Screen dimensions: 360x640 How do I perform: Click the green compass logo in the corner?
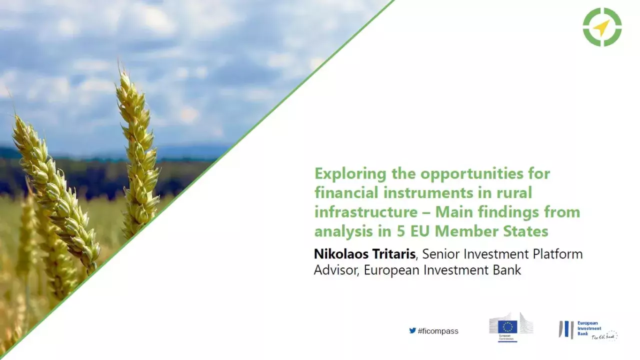click(602, 27)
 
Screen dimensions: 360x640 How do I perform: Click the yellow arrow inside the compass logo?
click(602, 27)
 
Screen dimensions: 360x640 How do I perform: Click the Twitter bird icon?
click(412, 330)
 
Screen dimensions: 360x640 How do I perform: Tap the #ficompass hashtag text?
click(438, 331)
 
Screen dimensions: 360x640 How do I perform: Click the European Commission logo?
click(510, 327)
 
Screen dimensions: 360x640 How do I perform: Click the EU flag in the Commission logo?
click(508, 326)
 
